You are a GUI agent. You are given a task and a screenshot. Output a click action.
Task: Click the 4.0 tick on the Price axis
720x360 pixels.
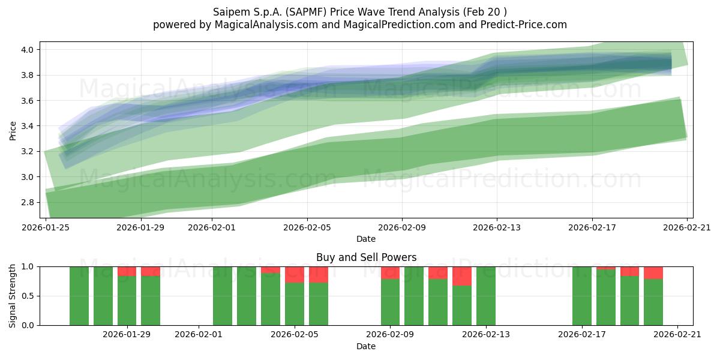[x=27, y=50]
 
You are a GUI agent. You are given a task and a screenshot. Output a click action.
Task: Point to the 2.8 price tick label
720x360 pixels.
[x=27, y=203]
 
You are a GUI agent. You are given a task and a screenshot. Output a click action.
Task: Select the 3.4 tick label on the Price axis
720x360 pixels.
[x=27, y=126]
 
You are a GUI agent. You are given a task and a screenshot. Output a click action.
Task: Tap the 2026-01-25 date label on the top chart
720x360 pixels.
[x=46, y=227]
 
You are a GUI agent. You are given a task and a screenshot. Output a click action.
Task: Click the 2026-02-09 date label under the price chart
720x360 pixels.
[x=402, y=227]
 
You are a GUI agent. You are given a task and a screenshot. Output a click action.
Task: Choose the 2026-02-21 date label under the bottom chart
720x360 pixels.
[x=677, y=335]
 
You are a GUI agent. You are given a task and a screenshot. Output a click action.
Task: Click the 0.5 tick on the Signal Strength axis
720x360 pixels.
[x=27, y=296]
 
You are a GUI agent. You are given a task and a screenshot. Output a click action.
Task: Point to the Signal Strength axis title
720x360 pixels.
[x=12, y=296]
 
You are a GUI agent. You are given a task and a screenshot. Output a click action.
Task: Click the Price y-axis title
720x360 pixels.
[x=13, y=131]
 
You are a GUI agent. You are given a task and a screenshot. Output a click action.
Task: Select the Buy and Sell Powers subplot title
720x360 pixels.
[x=366, y=257]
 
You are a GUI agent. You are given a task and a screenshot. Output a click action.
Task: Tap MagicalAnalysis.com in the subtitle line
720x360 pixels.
[x=266, y=25]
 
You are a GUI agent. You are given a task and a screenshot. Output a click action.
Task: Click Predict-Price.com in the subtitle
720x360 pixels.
[x=524, y=25]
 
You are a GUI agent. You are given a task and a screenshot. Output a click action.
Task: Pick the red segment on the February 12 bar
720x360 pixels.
[x=462, y=276]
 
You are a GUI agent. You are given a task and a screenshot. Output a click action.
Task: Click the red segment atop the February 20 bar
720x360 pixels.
[x=653, y=273]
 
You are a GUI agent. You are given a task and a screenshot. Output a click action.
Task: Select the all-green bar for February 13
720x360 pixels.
[x=485, y=296]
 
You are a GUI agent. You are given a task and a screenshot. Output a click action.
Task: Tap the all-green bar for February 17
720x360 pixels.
[x=582, y=296]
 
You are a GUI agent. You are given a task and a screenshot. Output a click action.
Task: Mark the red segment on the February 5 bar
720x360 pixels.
[x=295, y=275]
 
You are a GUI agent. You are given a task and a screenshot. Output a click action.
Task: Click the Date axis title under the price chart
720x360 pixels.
[x=366, y=239]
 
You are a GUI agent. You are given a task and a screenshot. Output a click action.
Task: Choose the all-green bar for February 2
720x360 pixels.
[x=223, y=296]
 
